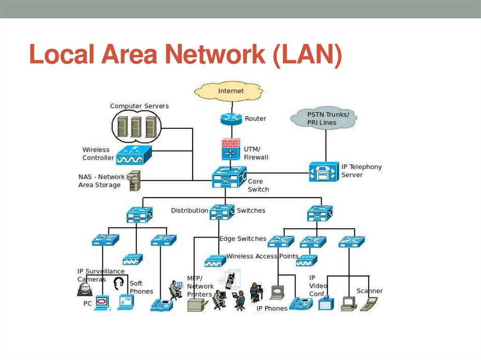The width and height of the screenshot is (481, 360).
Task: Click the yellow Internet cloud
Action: pyautogui.click(x=231, y=91)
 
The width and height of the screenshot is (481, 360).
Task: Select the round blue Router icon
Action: pyautogui.click(x=231, y=119)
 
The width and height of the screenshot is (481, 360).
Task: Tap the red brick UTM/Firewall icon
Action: pyautogui.click(x=231, y=149)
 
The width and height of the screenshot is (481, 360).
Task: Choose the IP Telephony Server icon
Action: pyautogui.click(x=324, y=172)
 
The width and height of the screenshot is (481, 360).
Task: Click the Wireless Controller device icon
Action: pyautogui.click(x=134, y=154)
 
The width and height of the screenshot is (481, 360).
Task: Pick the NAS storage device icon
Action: pyautogui.click(x=134, y=180)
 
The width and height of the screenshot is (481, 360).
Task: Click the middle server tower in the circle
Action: pyautogui.click(x=136, y=126)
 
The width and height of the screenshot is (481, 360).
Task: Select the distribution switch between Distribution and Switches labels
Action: pyautogui.click(x=222, y=212)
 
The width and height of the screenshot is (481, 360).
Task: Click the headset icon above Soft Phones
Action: pyautogui.click(x=119, y=283)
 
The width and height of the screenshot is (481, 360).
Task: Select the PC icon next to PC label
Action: pyautogui.click(x=102, y=303)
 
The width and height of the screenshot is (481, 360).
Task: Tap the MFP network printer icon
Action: pyautogui.click(x=196, y=305)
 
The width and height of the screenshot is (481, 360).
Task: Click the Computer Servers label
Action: pyautogui.click(x=139, y=106)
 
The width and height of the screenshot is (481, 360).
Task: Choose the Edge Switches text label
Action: pyautogui.click(x=243, y=239)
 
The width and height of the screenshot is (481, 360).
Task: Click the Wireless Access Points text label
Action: pyautogui.click(x=263, y=256)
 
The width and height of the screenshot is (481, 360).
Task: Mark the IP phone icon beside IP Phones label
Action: pyautogui.click(x=301, y=304)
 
